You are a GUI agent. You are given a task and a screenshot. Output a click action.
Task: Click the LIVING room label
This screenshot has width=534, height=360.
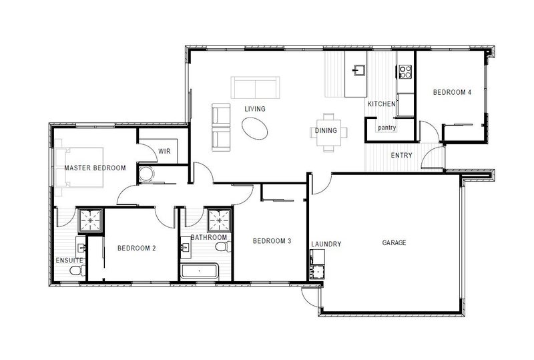click(255, 109)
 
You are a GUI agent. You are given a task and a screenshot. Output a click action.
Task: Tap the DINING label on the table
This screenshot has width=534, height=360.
click(326, 130)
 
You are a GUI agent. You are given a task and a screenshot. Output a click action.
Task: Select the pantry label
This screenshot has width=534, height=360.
click(387, 128)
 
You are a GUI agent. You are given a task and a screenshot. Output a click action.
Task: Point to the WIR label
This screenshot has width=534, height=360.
click(164, 151)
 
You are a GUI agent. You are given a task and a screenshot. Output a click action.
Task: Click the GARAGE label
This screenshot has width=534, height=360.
click(394, 242)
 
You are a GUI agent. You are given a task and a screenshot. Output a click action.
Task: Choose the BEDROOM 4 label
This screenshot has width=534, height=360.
click(452, 92)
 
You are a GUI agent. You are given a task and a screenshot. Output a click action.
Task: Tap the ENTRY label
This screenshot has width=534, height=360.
click(402, 155)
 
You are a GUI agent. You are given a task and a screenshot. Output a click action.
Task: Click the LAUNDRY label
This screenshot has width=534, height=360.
click(326, 244)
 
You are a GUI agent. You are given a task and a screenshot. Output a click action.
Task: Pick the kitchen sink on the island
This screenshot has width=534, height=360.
click(359, 70)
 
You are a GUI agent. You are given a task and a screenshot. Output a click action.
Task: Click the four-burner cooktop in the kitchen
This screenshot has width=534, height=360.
click(405, 71)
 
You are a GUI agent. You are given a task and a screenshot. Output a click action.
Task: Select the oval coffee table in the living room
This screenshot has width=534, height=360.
click(255, 128)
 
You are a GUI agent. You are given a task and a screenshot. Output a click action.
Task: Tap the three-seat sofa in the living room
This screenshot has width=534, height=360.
click(256, 87)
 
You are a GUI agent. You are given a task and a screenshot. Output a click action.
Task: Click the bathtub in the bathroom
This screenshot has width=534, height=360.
click(199, 271)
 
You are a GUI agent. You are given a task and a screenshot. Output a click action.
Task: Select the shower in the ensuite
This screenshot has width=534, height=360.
click(91, 220)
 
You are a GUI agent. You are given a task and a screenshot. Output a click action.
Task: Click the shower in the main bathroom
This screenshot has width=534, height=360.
click(220, 220)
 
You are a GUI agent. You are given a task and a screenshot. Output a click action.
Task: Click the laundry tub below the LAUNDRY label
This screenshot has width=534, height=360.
click(318, 272)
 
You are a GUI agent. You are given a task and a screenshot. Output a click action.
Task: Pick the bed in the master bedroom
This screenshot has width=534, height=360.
click(79, 168)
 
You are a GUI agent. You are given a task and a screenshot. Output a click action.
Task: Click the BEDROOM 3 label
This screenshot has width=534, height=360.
click(272, 241)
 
